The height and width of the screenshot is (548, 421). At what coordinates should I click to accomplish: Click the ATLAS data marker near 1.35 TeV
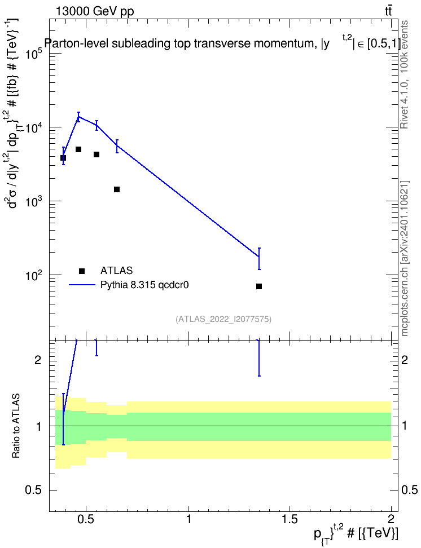[x=259, y=286]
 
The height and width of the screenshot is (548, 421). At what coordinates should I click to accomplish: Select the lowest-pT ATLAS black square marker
[x=63, y=158]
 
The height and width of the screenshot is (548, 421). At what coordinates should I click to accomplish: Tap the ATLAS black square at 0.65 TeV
[x=117, y=189]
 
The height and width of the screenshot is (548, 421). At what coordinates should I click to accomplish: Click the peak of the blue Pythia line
[x=79, y=117]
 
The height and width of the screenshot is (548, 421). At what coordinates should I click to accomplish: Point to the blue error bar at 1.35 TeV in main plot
[x=259, y=259]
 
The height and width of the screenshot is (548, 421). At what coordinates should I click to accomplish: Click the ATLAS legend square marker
[x=82, y=271]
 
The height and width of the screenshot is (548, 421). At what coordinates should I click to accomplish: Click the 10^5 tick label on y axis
[x=34, y=54]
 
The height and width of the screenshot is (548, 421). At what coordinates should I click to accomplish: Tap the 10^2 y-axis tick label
[x=34, y=276]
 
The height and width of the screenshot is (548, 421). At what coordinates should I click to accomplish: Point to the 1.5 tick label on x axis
[x=290, y=519]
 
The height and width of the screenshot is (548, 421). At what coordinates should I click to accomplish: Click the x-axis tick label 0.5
[x=86, y=519]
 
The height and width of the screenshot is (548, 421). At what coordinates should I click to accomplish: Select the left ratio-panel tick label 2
[x=38, y=360]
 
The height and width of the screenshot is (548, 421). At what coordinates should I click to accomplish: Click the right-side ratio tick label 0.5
[x=410, y=490]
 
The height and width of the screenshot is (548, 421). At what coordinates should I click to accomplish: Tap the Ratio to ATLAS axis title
[x=16, y=426]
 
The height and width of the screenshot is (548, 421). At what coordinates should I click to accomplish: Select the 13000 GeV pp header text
[x=95, y=11]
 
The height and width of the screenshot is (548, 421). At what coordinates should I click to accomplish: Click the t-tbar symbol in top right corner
[x=388, y=11]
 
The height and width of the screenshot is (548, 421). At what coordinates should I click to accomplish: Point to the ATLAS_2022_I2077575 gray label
[x=223, y=319]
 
